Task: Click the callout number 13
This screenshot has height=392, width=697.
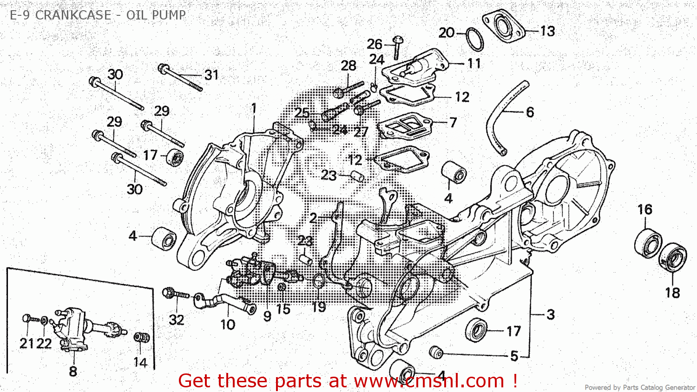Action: point(547,31)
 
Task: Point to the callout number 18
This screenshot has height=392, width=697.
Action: point(672,293)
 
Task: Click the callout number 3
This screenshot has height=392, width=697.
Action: point(550,314)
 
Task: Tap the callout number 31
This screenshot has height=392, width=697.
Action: point(211,75)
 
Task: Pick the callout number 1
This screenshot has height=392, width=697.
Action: point(254,108)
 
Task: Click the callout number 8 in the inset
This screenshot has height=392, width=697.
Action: point(73,371)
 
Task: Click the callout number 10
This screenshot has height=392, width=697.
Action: point(227,324)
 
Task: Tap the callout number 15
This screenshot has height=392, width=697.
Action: point(283,309)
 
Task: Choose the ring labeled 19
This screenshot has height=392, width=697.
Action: point(318,281)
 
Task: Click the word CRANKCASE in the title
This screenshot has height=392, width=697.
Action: point(73,15)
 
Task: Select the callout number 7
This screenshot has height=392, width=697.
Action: point(453,123)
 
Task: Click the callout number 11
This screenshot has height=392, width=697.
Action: point(473,63)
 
